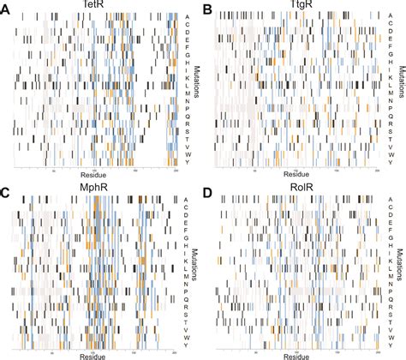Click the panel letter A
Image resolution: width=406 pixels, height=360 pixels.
point(7,8)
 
